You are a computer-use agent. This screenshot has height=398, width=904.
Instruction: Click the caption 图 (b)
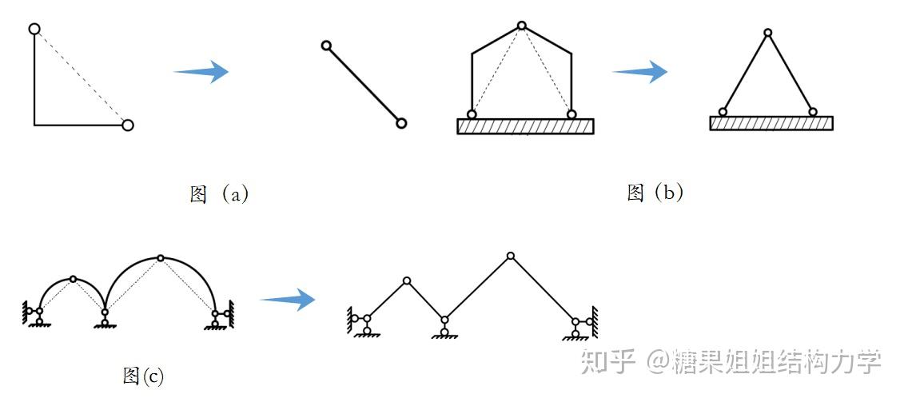655,192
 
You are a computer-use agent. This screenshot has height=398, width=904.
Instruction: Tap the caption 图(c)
144,375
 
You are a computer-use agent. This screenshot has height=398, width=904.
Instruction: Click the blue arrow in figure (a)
201,72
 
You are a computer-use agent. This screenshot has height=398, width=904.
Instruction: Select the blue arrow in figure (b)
639,72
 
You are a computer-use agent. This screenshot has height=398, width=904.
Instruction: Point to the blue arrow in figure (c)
288,300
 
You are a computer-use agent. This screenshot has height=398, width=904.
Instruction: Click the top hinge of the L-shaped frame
34,29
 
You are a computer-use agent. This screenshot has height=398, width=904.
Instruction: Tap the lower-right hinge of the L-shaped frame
127,125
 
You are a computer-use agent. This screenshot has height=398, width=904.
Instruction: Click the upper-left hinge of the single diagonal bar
326,46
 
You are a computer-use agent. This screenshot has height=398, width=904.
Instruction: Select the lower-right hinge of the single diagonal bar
401,123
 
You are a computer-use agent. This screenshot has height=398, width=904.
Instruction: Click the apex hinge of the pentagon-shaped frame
521,26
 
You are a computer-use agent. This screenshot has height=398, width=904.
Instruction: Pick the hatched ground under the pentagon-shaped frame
525,126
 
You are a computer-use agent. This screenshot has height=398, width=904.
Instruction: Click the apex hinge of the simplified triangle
767,33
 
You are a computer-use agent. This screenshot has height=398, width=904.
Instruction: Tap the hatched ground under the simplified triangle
771,123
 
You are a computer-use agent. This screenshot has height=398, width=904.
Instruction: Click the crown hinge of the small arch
74,279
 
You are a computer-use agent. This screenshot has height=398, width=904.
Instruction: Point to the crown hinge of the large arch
161,257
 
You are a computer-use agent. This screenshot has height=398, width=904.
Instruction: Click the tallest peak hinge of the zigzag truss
511,256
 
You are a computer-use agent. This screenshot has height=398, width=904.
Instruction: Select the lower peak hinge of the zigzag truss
407,281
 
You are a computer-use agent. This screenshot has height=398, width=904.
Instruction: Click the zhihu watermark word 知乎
607,361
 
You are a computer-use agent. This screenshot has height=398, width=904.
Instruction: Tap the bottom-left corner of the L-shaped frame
34,125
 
